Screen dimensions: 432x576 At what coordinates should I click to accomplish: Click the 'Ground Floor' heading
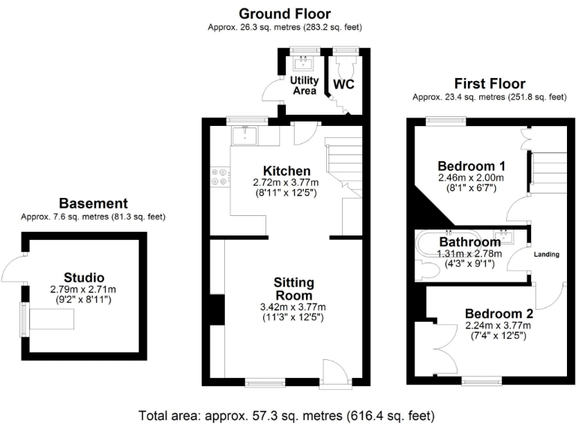(x=284, y=13)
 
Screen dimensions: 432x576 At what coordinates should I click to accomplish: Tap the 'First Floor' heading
(x=490, y=83)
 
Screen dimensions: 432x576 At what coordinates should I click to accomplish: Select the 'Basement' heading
(x=94, y=203)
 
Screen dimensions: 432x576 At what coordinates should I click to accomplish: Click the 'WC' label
(x=343, y=84)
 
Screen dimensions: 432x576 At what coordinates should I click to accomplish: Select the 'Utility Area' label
(x=304, y=85)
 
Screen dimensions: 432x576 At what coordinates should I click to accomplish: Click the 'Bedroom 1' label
(x=471, y=166)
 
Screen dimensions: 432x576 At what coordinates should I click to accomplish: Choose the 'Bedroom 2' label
(x=498, y=313)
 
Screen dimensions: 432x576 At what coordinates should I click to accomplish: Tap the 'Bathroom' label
(x=469, y=242)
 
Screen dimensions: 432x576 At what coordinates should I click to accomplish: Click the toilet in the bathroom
(x=421, y=268)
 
